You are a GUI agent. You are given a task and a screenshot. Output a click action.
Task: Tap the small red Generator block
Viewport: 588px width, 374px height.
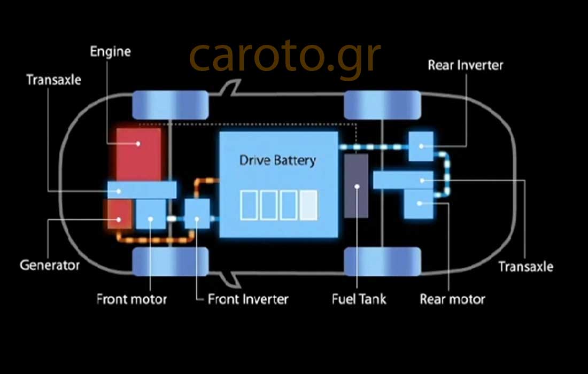119,215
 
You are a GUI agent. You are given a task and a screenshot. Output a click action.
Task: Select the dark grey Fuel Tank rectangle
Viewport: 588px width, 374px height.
356,186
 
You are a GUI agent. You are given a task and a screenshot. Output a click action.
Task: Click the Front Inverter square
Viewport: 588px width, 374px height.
197,213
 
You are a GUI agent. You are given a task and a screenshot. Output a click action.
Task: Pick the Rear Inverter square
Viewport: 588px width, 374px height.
421,145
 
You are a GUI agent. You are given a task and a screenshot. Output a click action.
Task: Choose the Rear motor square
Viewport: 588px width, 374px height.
418,204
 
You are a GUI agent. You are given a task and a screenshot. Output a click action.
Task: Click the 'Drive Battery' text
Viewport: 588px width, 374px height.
277,160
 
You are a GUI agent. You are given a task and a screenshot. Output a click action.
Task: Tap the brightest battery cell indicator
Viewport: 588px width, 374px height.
308,206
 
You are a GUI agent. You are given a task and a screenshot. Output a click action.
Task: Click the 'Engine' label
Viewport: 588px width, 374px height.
110,52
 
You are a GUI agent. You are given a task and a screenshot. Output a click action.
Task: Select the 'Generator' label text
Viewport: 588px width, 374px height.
50,264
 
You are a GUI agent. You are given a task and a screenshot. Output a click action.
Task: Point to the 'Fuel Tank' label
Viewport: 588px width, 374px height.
359,298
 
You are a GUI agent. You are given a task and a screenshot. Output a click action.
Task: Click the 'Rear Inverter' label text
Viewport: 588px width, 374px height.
466,65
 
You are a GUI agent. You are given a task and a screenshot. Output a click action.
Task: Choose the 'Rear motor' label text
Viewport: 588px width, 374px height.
452,298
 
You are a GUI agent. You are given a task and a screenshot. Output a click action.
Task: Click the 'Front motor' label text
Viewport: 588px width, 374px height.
131,298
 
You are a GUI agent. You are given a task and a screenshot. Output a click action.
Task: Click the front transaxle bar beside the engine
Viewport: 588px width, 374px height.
142,189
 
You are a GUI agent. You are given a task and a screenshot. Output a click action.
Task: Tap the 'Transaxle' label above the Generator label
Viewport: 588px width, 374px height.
54,80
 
